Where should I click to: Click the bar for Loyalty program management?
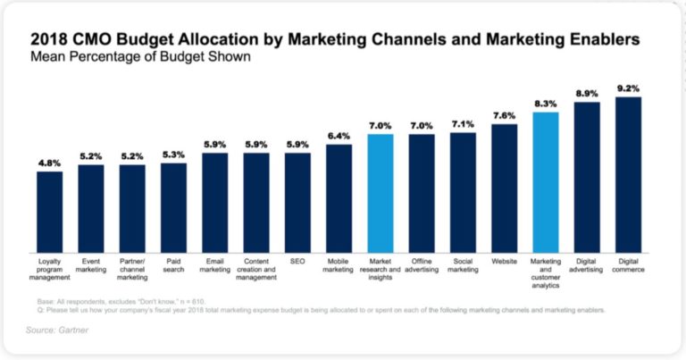[49, 211]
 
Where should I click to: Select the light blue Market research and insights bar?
[381, 192]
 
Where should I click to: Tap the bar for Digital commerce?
[628, 173]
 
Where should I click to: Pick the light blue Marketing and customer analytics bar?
[545, 180]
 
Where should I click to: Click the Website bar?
[504, 187]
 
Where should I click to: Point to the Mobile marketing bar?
[339, 197]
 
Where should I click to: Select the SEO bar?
[297, 202]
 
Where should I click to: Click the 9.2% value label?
[628, 88]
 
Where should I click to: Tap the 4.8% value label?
[49, 163]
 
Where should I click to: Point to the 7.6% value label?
[504, 115]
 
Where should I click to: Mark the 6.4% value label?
[339, 136]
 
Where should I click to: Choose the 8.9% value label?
[587, 93]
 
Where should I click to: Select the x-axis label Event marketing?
[90, 266]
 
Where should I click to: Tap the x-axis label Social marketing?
[463, 266]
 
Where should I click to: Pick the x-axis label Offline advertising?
[422, 266]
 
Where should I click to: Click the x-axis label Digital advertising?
[587, 266]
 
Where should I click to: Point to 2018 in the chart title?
[52, 38]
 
